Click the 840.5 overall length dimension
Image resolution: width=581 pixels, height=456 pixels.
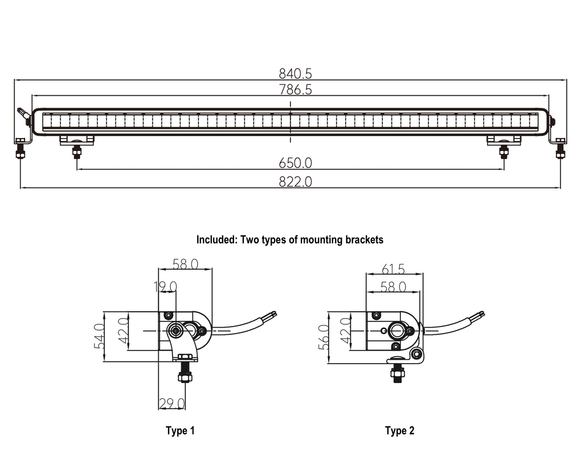pos(295,74)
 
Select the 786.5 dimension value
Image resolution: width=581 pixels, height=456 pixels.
pos(295,89)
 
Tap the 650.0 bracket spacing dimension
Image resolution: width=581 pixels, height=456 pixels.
pos(295,163)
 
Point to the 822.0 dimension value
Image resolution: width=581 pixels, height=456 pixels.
pos(295,182)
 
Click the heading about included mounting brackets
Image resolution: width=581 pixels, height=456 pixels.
pos(290,239)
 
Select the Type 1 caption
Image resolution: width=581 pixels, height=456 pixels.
pos(180,430)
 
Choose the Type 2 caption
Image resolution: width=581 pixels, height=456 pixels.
pos(399,430)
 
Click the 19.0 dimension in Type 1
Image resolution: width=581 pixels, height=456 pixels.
pos(165,286)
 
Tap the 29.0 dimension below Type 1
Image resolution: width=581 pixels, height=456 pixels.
pos(172,404)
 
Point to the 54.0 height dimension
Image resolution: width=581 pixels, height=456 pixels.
pos(99,336)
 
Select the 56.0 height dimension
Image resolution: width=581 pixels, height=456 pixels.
pos(324,336)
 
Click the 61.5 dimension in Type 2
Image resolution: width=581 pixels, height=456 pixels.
pos(393,269)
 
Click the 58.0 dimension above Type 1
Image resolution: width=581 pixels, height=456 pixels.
pos(185,264)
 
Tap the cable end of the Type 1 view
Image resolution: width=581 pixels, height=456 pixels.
pos(273,313)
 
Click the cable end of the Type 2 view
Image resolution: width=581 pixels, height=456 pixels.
pos(481,313)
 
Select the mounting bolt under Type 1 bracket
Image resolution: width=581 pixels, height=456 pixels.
pos(184,376)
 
